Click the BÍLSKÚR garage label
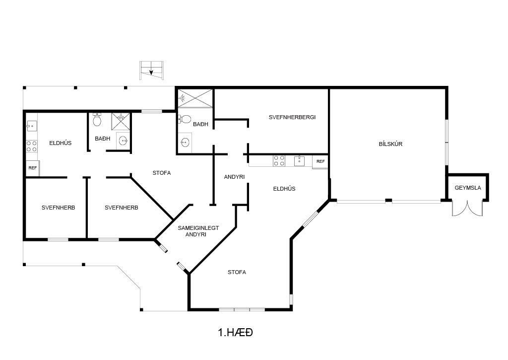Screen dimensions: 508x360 (x=390, y=144)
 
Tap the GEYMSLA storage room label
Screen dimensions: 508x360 (x=467, y=188)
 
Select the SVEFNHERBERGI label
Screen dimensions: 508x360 (x=292, y=117)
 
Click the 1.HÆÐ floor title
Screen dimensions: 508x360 (x=236, y=332)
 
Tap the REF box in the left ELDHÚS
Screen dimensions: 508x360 (x=32, y=168)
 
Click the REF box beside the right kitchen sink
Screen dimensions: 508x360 (x=320, y=161)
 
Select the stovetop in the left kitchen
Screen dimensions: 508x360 (x=31, y=146)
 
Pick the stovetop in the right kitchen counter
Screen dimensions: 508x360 (x=279, y=161)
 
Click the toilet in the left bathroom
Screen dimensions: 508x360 (x=97, y=119)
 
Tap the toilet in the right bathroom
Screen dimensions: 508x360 (x=185, y=119)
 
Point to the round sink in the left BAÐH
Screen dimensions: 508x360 (x=123, y=141)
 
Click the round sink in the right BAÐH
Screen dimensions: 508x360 (x=185, y=143)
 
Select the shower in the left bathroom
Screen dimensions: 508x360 (x=121, y=121)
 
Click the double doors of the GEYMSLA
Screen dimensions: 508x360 (x=467, y=208)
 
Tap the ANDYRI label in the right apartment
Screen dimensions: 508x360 (x=234, y=177)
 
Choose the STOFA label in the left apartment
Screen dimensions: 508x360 (x=162, y=173)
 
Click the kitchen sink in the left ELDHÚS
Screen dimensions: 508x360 (x=31, y=125)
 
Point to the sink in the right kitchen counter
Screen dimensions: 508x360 (x=299, y=161)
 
